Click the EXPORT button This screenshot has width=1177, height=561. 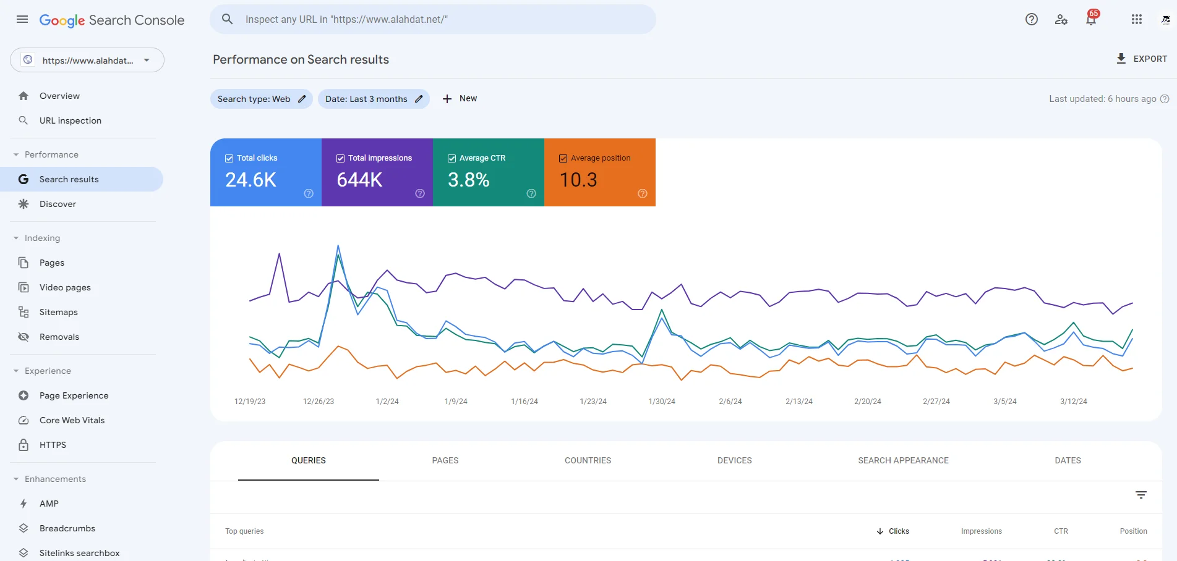pyautogui.click(x=1141, y=59)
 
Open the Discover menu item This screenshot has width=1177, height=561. pyautogui.click(x=58, y=204)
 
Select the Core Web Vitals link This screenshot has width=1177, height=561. pyautogui.click(x=72, y=420)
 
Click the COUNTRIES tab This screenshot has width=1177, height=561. pyautogui.click(x=588, y=460)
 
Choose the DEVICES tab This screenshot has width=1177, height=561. pyautogui.click(x=734, y=460)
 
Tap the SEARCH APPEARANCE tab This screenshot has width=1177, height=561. pyautogui.click(x=903, y=460)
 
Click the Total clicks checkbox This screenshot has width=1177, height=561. pyautogui.click(x=229, y=158)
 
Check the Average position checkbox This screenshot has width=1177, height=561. pyautogui.click(x=563, y=158)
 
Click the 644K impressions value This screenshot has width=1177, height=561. pyautogui.click(x=359, y=180)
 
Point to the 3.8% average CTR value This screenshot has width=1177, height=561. pyautogui.click(x=468, y=180)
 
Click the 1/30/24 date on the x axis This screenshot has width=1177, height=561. pyautogui.click(x=662, y=402)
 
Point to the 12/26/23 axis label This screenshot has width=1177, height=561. pyautogui.click(x=319, y=402)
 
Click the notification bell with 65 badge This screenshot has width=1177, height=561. pyautogui.click(x=1092, y=19)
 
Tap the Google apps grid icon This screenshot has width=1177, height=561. pyautogui.click(x=1137, y=19)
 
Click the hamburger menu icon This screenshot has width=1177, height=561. pyautogui.click(x=22, y=19)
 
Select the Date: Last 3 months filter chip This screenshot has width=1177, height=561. pyautogui.click(x=374, y=99)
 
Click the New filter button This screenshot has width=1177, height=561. pyautogui.click(x=460, y=99)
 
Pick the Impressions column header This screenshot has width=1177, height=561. pyautogui.click(x=981, y=531)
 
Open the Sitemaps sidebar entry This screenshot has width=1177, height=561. pyautogui.click(x=58, y=312)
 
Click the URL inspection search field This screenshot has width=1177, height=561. pyautogui.click(x=433, y=19)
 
